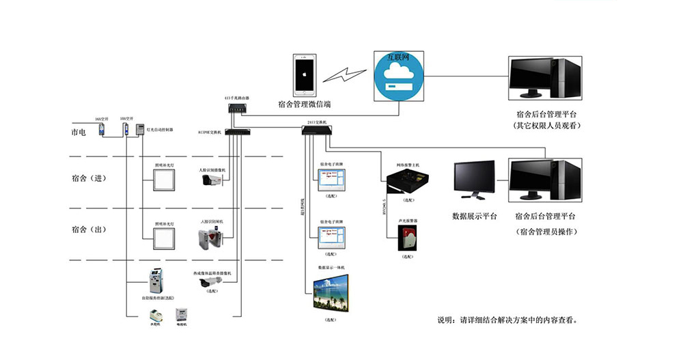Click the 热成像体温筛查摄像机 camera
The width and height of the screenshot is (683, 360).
coord(211,283)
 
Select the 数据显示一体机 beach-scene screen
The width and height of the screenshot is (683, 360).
coord(331,294)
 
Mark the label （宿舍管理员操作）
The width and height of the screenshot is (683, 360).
coord(547,232)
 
